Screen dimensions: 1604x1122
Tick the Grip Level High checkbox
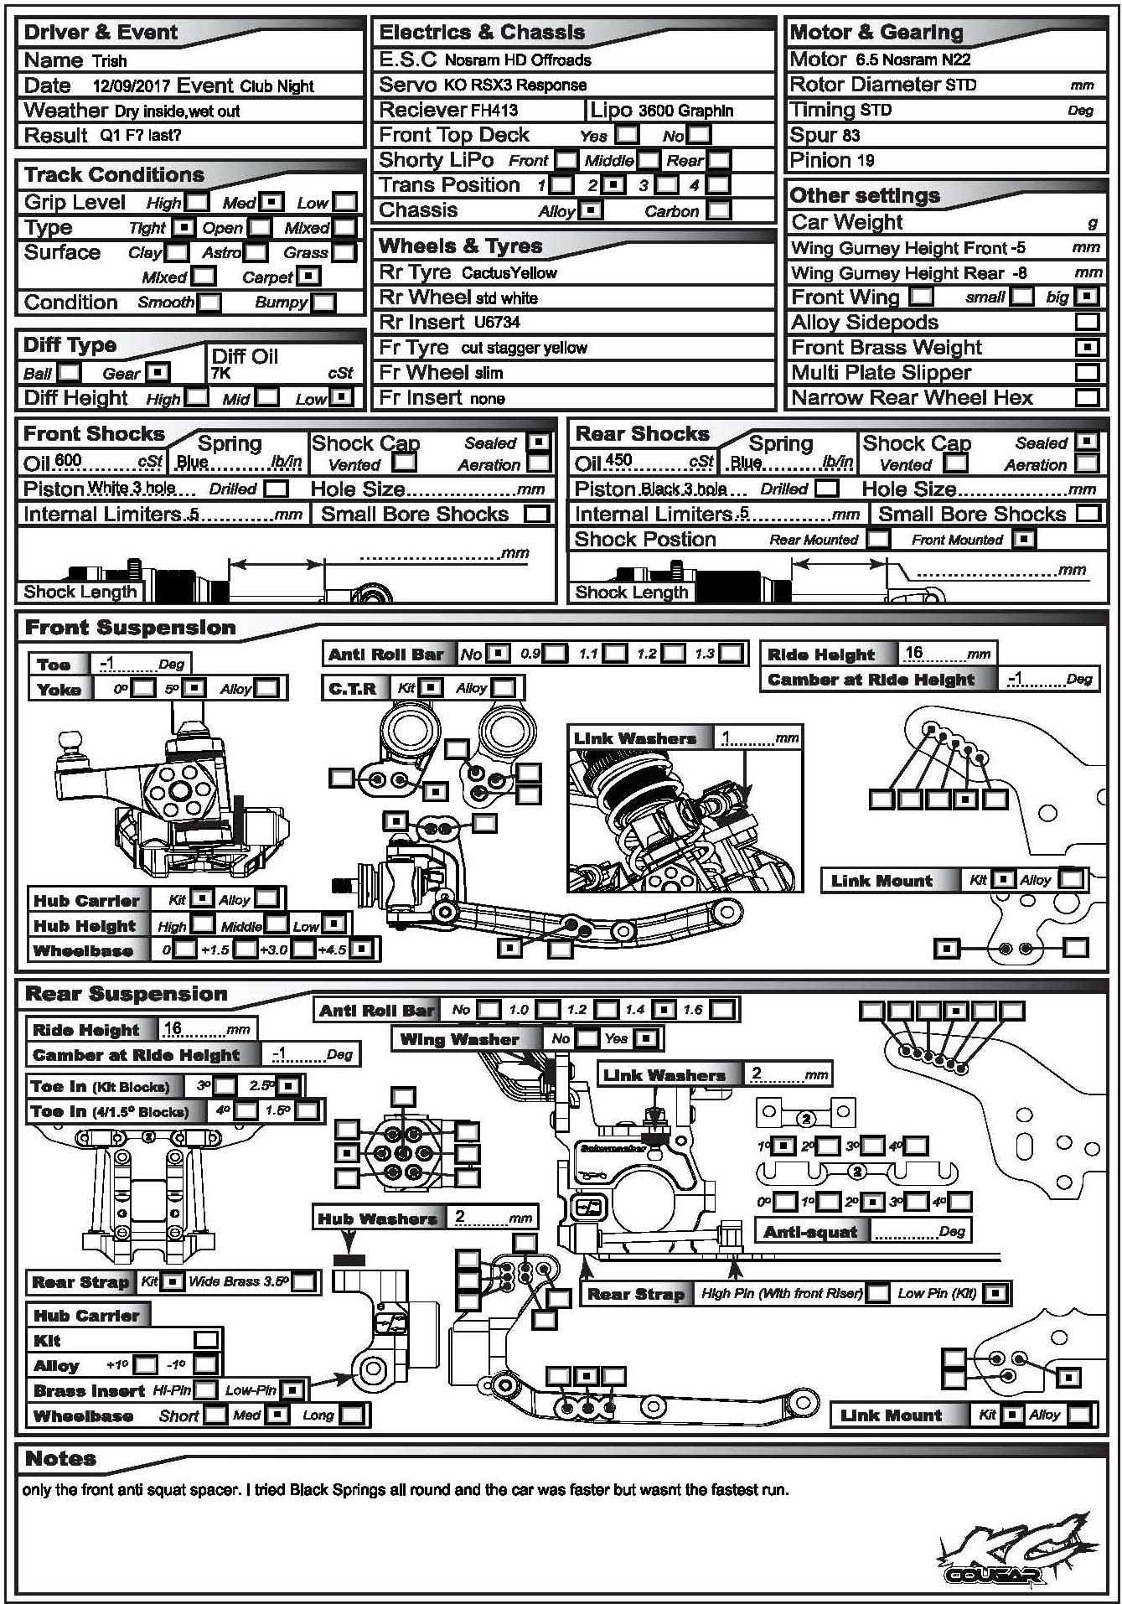[198, 202]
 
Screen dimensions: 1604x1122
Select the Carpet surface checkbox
[308, 277]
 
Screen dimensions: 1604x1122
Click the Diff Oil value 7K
[221, 374]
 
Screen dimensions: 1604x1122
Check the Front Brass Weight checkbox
[1087, 347]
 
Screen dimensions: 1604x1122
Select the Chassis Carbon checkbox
[718, 210]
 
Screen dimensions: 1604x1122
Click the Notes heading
[61, 1458]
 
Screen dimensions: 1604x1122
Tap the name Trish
[110, 61]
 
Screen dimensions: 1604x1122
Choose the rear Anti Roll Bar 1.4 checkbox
[663, 1010]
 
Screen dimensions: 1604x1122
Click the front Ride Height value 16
[913, 652]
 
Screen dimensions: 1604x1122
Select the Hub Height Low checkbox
[333, 924]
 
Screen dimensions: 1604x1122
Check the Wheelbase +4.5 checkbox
[361, 949]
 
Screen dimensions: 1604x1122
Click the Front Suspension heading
[131, 628]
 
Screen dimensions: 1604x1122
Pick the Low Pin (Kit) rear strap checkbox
[995, 1293]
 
